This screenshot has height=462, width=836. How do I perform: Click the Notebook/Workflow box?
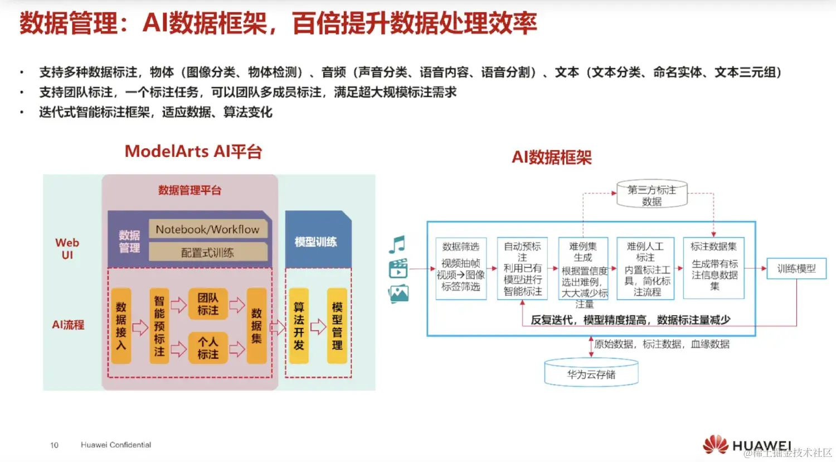[x=207, y=229]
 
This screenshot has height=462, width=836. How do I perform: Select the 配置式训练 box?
[x=207, y=252]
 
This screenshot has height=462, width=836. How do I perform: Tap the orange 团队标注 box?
[x=208, y=304]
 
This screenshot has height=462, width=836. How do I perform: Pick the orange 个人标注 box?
[x=208, y=348]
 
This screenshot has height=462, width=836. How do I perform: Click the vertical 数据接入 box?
[x=121, y=326]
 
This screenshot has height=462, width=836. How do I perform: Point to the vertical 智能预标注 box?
[x=159, y=326]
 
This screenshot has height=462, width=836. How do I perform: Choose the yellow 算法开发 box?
[x=299, y=326]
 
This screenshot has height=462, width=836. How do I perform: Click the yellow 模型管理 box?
[x=337, y=326]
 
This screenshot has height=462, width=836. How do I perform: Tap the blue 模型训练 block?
[x=316, y=241]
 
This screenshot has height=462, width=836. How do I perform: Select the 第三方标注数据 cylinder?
[x=652, y=195]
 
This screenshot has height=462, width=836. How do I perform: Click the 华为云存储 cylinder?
[x=591, y=374]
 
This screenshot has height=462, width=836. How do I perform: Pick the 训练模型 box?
[x=796, y=269]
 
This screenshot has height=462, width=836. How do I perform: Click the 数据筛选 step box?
[x=461, y=268]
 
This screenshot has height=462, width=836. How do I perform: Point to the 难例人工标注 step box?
[x=645, y=268]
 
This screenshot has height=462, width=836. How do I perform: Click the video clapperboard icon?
[x=398, y=268]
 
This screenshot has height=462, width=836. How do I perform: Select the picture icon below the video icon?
[x=398, y=293]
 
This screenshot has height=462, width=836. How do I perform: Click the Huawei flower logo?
[x=716, y=444]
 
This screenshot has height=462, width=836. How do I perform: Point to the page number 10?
[x=54, y=445]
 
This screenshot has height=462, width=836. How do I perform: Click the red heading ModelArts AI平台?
[x=193, y=151]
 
